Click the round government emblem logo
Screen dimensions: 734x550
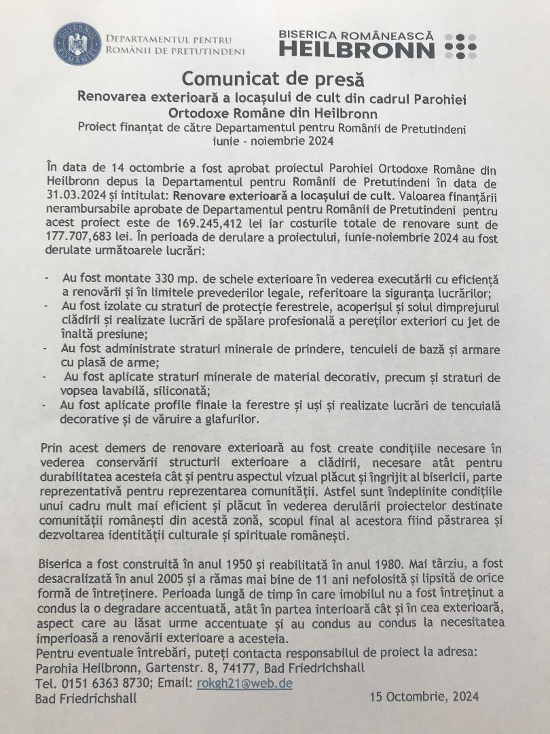(77, 43)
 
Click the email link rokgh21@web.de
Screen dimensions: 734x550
(244, 683)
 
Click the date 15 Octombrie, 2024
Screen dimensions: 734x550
(424, 697)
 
